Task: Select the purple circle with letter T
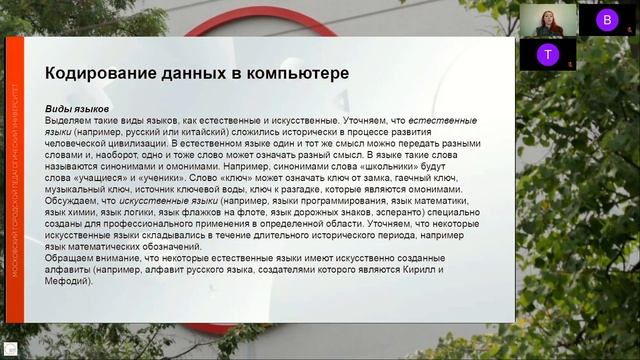(x=545, y=54)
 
